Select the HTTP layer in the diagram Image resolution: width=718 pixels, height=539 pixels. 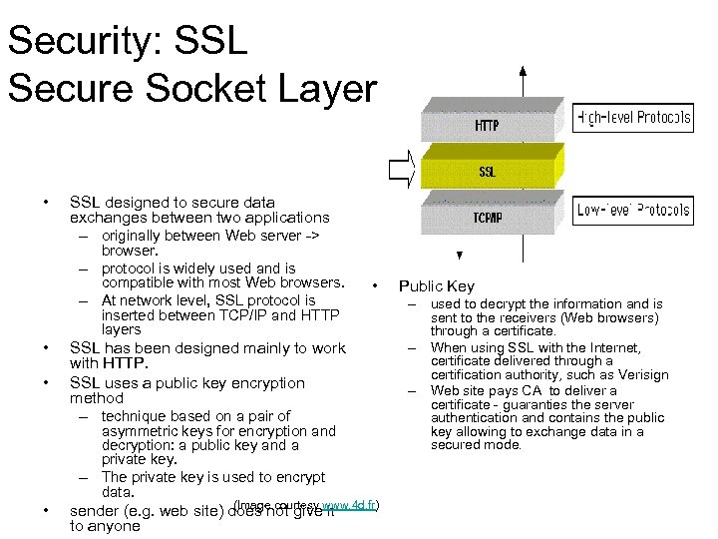pos(488,126)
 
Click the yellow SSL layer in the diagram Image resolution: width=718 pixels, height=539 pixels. pos(488,171)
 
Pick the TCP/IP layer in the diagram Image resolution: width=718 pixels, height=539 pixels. pos(488,218)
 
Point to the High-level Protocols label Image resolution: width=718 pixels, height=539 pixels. pos(633,118)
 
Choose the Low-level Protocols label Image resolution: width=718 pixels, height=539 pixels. pos(633,210)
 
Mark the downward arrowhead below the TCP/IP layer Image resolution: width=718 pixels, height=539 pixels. pos(459,255)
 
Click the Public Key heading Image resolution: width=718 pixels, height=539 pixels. pos(437,286)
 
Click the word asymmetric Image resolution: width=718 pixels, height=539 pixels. pos(138,431)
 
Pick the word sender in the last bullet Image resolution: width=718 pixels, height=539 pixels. pos(97,512)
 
